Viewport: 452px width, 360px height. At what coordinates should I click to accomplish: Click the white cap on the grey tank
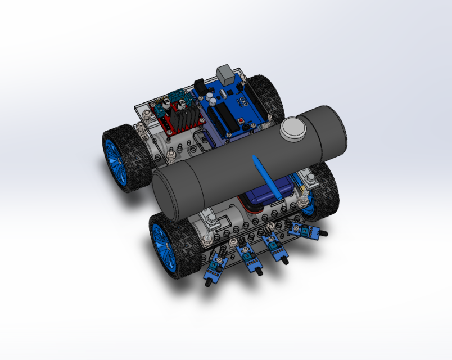pos(295,128)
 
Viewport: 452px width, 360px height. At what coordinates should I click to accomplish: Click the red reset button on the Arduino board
pos(241,121)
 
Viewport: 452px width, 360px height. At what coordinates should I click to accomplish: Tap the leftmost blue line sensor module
pos(214,264)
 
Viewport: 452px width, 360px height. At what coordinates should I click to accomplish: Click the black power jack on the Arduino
pos(200,85)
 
